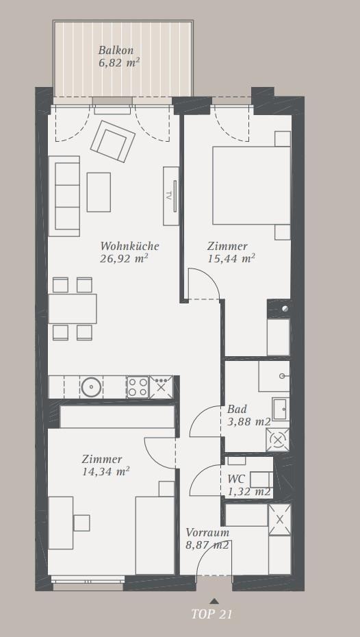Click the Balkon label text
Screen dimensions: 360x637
(116, 51)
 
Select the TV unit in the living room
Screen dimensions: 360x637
(171, 196)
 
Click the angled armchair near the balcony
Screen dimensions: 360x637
(113, 141)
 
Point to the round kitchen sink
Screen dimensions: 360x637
(91, 387)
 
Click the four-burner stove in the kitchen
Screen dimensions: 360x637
(138, 387)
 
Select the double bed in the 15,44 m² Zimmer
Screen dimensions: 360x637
(251, 185)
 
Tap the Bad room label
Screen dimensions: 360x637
(237, 409)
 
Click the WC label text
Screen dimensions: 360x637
(236, 479)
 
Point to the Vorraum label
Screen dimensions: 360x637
(207, 532)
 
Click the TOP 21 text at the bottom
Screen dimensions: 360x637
(211, 614)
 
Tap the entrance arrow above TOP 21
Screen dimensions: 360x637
(214, 601)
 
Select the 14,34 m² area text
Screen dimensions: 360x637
(106, 472)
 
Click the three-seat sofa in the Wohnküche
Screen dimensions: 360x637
(64, 196)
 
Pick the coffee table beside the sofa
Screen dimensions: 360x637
(99, 192)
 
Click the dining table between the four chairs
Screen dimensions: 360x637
(73, 309)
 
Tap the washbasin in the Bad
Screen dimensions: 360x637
(281, 409)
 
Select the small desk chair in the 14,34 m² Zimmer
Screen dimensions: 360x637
(81, 523)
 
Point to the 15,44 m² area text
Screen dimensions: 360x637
(231, 258)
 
